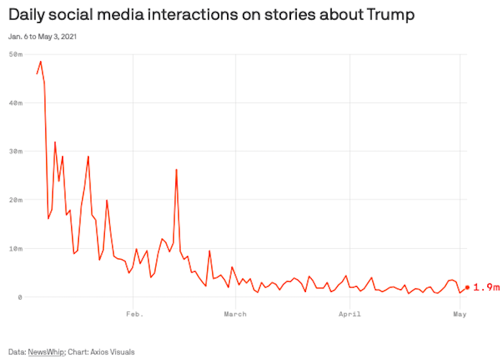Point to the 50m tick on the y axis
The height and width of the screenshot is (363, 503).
pyautogui.click(x=16, y=55)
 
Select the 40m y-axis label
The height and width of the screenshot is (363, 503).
pyautogui.click(x=16, y=103)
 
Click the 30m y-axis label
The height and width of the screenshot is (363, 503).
pyautogui.click(x=16, y=151)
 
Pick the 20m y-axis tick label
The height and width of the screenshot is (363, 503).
pyautogui.click(x=16, y=200)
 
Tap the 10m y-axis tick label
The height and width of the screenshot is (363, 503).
pyautogui.click(x=16, y=249)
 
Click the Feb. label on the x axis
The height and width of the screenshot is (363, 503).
pyautogui.click(x=134, y=314)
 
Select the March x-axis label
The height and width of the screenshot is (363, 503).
pyautogui.click(x=235, y=314)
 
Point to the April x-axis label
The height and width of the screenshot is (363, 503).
pyautogui.click(x=349, y=314)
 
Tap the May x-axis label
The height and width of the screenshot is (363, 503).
pyautogui.click(x=460, y=314)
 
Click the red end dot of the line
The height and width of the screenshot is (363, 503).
pyautogui.click(x=467, y=287)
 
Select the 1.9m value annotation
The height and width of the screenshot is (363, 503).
pyautogui.click(x=486, y=287)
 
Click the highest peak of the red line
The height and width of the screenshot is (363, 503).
pyautogui.click(x=40, y=62)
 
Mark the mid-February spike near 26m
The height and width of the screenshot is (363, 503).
pyautogui.click(x=176, y=170)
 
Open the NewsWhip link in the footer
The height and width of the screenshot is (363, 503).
pyautogui.click(x=45, y=352)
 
